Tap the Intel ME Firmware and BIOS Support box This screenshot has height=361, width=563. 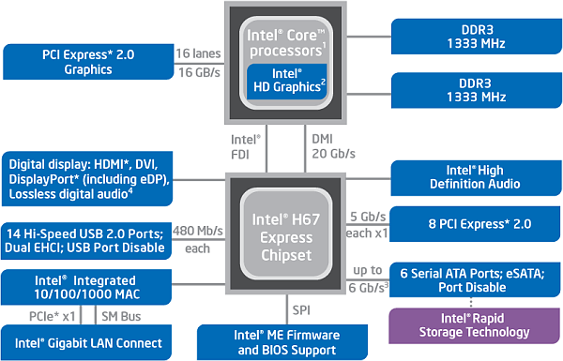pos(282,341)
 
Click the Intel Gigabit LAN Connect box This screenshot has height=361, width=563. pos(87,342)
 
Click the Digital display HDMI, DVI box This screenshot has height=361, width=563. pos(87,179)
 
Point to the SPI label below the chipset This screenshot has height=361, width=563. pos(297,308)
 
